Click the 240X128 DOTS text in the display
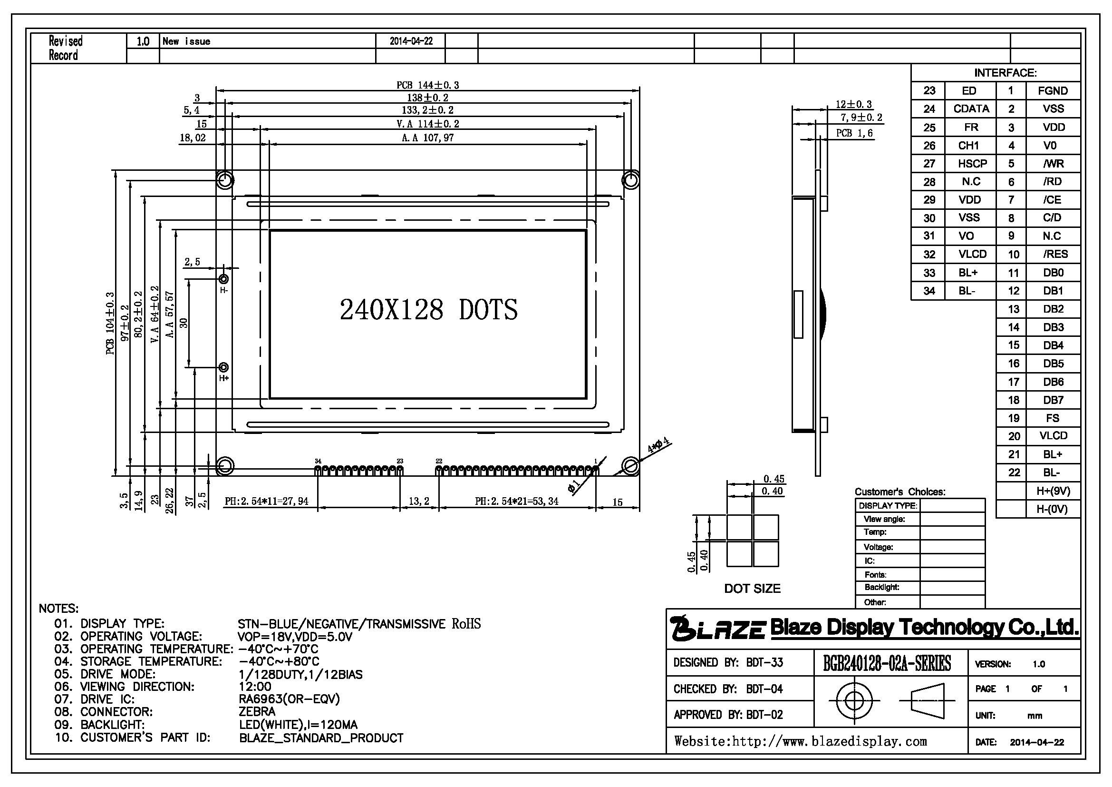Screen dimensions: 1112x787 pos(429,310)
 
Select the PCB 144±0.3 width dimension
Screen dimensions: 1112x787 pos(428,85)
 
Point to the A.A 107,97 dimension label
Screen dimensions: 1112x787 pos(428,138)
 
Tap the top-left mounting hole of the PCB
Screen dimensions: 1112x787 pos(224,180)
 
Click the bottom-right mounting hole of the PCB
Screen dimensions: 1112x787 pos(630,466)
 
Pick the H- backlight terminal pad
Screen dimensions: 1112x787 pos(224,279)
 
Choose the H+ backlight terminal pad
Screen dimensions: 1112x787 pos(224,367)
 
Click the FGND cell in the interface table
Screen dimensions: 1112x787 pos(1053,90)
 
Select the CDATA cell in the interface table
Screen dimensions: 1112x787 pos(971,108)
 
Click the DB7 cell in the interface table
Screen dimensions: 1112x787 pos(1053,400)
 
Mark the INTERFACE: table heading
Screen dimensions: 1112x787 pos(1006,73)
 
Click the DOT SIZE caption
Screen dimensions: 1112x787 pos(752,588)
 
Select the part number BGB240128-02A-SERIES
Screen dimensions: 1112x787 pos(887,663)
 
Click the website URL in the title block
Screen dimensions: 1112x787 pos(801,741)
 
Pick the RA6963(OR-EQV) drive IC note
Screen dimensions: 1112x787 pos(289,699)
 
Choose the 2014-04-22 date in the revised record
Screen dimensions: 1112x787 pos(411,41)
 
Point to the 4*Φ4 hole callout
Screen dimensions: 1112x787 pos(658,444)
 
